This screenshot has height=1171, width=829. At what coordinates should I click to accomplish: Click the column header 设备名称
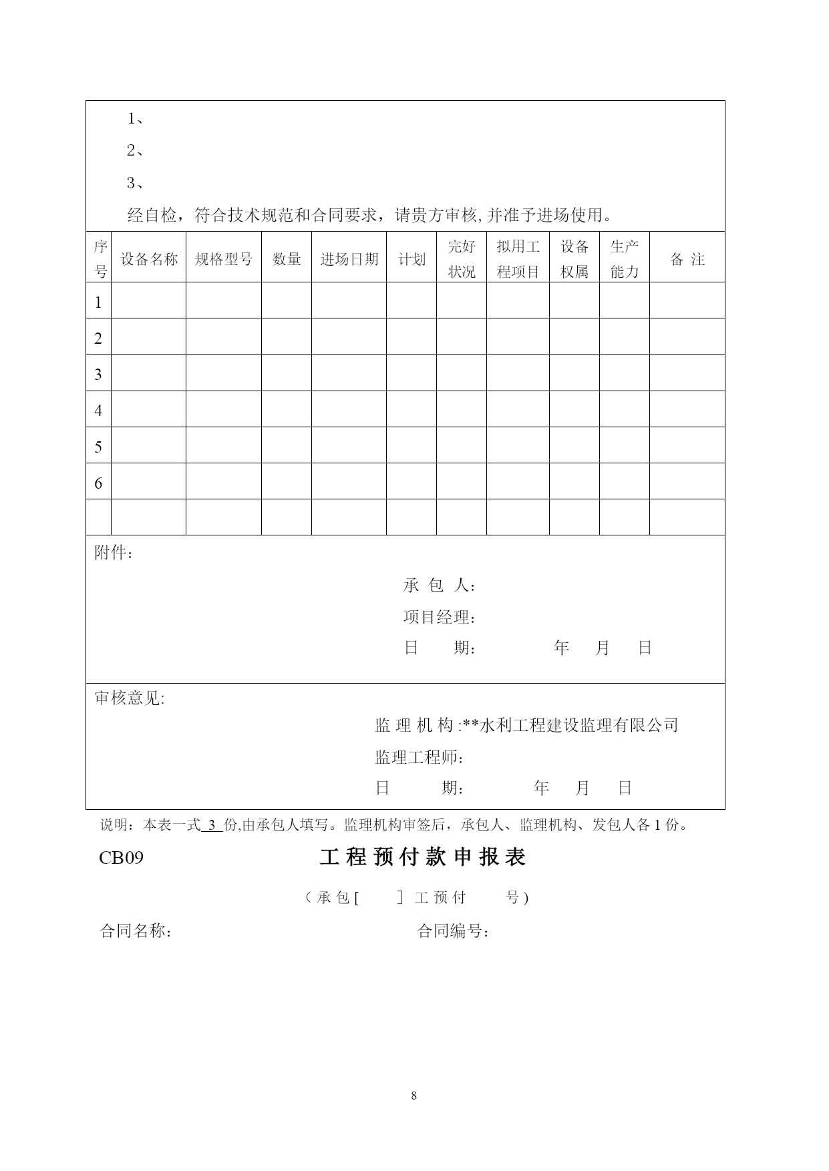pos(149,259)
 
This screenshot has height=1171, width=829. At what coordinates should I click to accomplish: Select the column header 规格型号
pos(224,259)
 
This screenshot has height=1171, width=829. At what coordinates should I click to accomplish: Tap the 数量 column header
pos(287,259)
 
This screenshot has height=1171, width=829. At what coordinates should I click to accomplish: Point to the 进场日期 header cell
pos(349,259)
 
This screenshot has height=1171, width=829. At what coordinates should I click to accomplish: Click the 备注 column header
pos(687,259)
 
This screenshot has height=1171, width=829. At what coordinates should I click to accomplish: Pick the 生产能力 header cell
pos(625,259)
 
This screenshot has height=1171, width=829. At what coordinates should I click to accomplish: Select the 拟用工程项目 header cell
pos(518,259)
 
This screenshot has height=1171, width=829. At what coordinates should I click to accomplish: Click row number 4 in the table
pos(98,410)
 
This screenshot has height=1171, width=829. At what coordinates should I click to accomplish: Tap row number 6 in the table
pos(98,482)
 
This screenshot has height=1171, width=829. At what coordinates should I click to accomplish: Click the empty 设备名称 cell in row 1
pos(148,300)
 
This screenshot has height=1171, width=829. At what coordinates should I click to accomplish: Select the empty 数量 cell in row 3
pos(287,373)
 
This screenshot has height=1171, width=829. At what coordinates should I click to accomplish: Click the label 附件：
pos(114,553)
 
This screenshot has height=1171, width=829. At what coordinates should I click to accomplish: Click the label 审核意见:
pos(130,698)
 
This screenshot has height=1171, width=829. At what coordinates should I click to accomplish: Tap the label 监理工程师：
pos(420,758)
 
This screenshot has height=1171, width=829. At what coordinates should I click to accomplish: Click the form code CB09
pos(121,858)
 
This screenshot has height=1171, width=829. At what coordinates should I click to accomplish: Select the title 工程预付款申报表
pos(423,858)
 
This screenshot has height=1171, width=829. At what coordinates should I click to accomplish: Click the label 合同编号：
pos(454,931)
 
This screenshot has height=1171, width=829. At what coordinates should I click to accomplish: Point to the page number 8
pos(414,1095)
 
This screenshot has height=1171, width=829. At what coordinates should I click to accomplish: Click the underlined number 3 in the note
pos(212,825)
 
